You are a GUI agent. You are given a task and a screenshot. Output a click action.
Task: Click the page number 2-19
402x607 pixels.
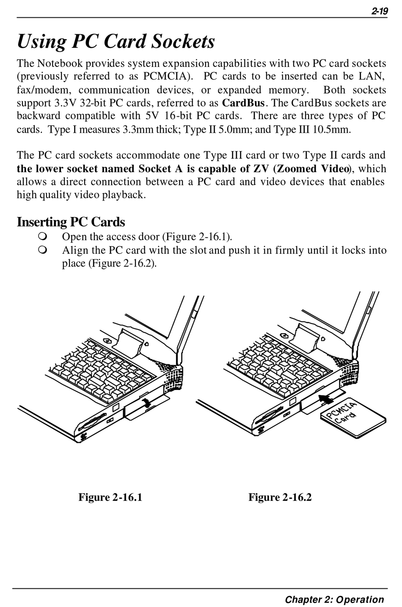pyautogui.click(x=379, y=12)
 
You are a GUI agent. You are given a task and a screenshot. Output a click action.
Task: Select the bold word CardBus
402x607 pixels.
pyautogui.click(x=244, y=103)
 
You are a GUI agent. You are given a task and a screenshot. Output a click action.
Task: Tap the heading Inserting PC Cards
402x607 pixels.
pyautogui.click(x=71, y=222)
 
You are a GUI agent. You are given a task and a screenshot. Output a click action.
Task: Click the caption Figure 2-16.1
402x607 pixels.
pyautogui.click(x=110, y=497)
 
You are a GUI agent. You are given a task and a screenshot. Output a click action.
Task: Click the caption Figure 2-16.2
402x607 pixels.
pyautogui.click(x=280, y=497)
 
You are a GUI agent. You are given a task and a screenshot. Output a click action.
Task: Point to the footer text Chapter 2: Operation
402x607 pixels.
pyautogui.click(x=334, y=599)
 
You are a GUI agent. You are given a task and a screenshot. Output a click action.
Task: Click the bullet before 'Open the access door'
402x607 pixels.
pyautogui.click(x=41, y=236)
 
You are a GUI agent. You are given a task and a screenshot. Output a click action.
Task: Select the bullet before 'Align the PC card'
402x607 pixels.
pyautogui.click(x=41, y=250)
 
